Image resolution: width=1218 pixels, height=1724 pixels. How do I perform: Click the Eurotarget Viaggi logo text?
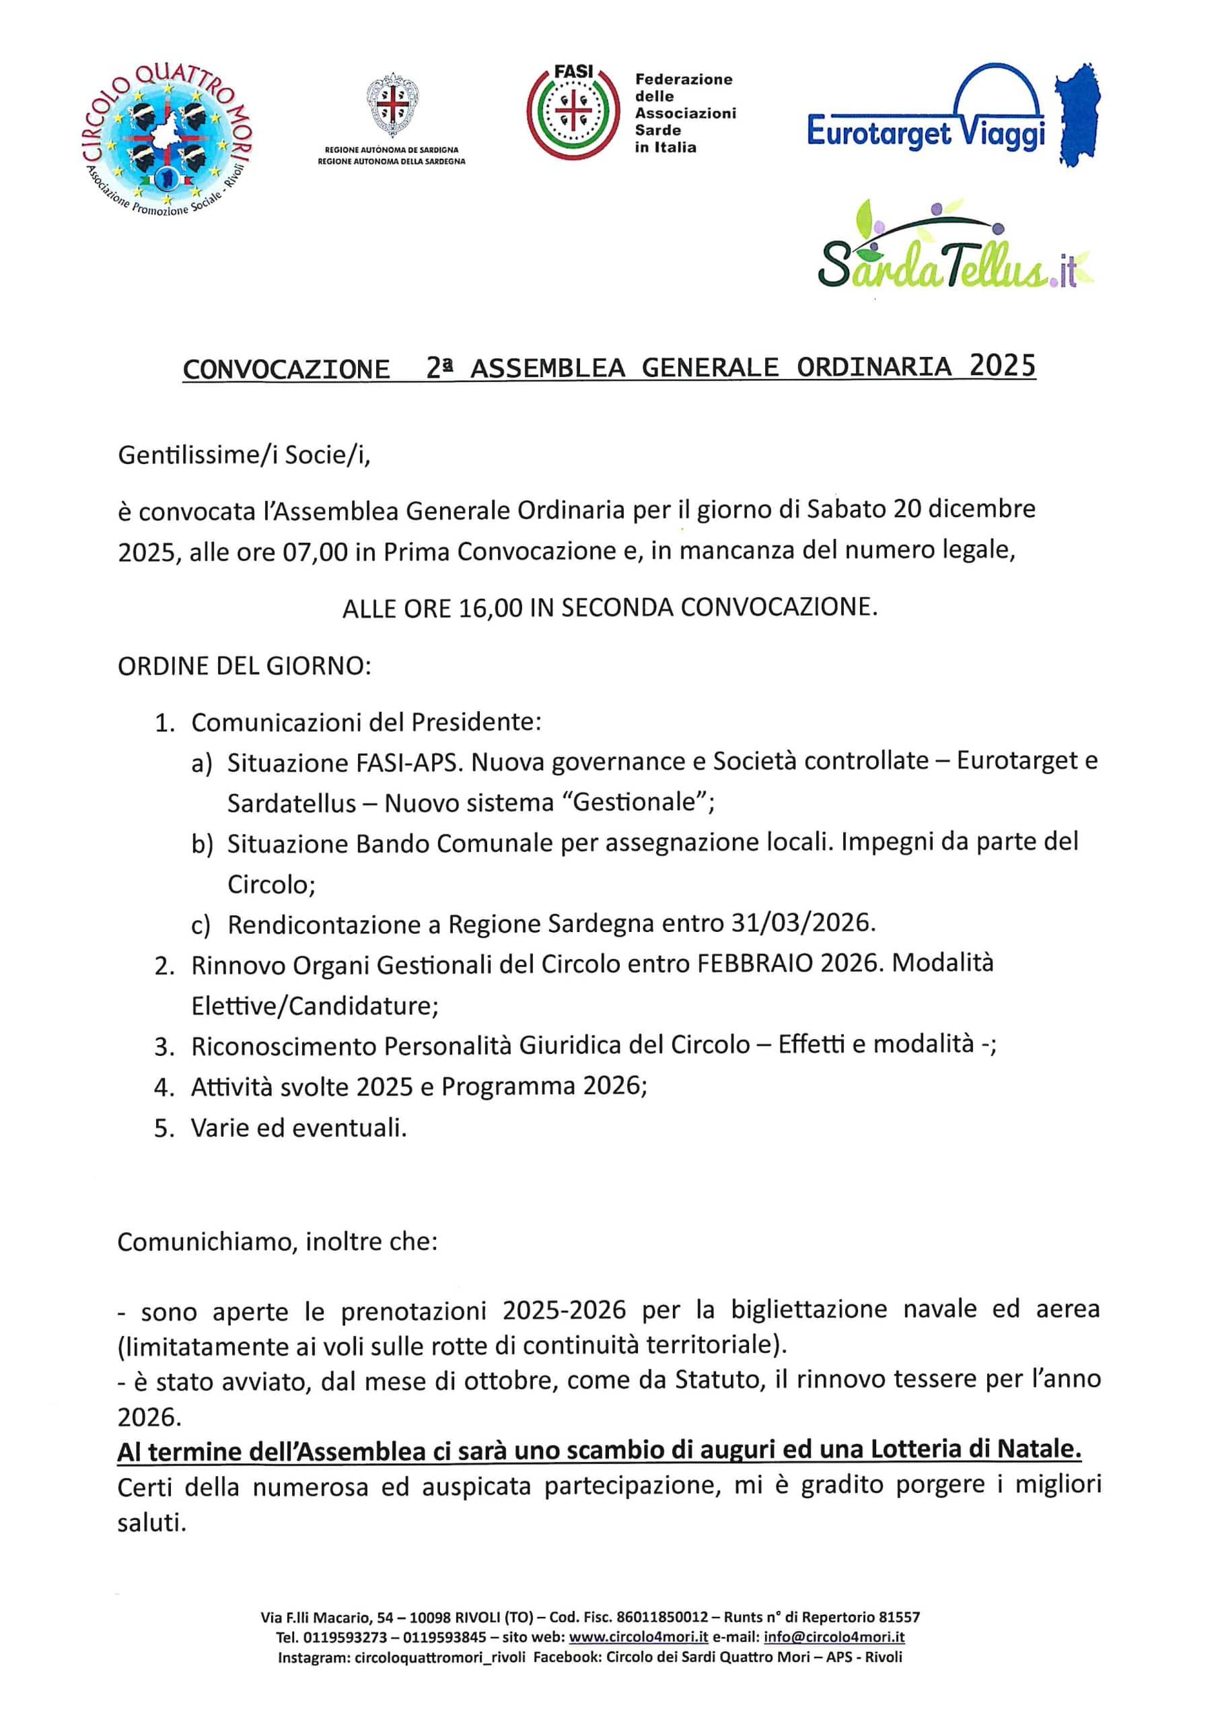tap(925, 133)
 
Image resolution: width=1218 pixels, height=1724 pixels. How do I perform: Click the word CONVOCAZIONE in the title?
tap(286, 368)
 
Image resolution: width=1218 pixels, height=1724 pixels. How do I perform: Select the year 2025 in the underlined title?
tap(1003, 366)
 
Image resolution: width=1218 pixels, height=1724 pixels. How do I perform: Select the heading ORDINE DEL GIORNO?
tap(244, 666)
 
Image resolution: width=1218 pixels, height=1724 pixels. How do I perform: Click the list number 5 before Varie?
tap(163, 1128)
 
